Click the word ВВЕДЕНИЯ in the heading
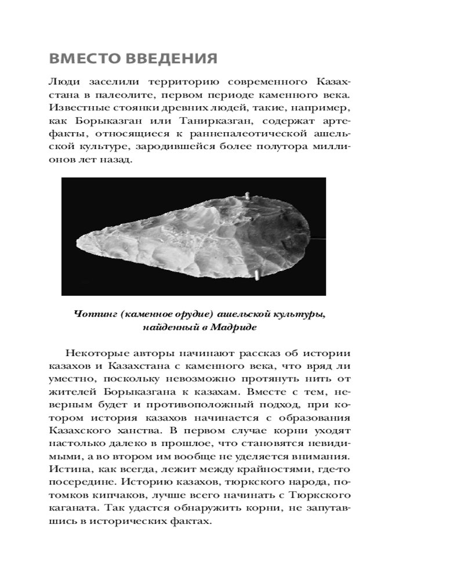[169, 60]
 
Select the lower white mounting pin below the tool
[256, 274]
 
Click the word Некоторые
[95, 353]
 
